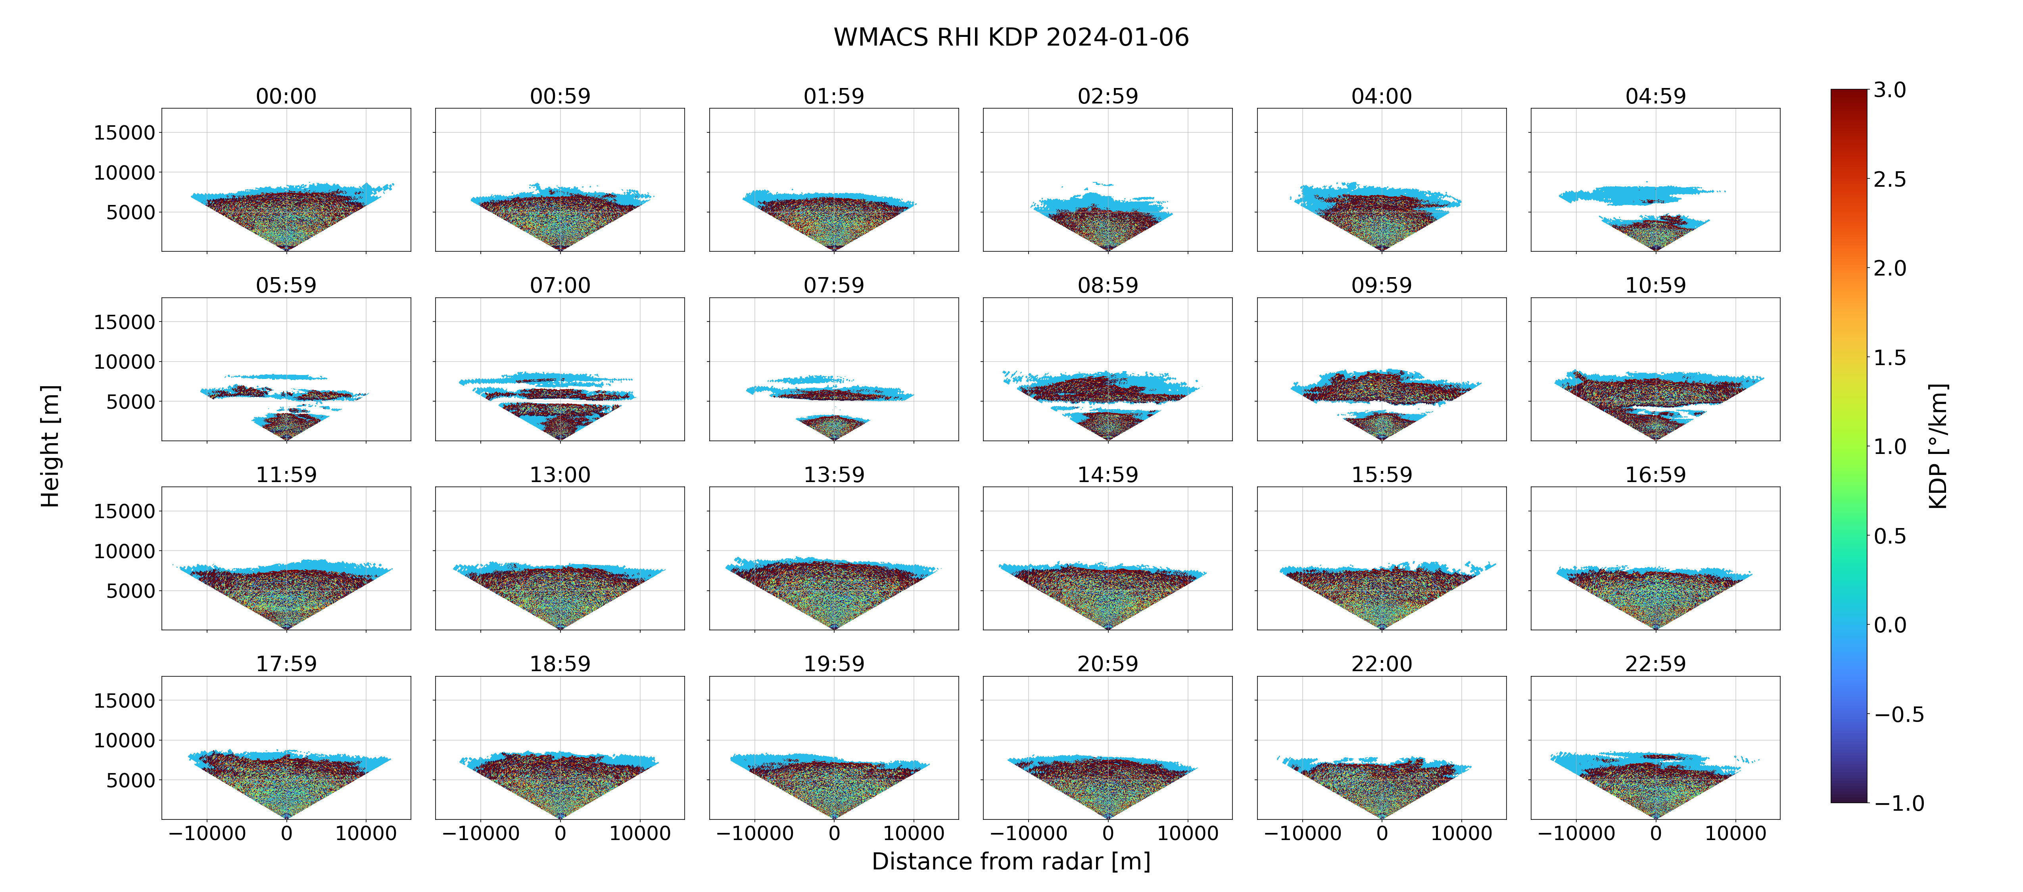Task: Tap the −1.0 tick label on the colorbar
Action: pos(1899,803)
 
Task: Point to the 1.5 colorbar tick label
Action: pos(1889,357)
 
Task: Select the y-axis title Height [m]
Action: pos(50,446)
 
